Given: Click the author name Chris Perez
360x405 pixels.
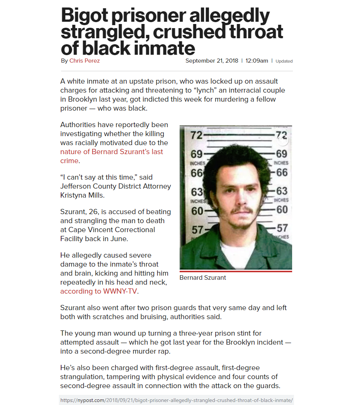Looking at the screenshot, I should tap(84, 61).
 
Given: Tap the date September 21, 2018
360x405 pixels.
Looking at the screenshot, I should tap(211, 61).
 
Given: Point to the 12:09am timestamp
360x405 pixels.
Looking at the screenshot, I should tap(256, 61).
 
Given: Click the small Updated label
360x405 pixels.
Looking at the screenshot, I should tap(284, 61).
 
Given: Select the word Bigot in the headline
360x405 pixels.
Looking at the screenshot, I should tap(84, 16).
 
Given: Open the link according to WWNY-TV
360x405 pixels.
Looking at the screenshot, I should tap(99, 291).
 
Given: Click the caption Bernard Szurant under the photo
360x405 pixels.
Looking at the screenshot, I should tap(202, 278).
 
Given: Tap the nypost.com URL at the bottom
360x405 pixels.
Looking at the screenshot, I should tap(177, 400).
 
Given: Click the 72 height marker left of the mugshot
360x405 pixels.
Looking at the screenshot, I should tap(196, 135).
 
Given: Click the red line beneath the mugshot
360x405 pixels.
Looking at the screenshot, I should tap(235, 271).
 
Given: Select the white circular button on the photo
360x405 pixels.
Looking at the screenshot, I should tap(282, 140).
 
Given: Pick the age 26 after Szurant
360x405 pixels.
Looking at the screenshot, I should tap(91, 212).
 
